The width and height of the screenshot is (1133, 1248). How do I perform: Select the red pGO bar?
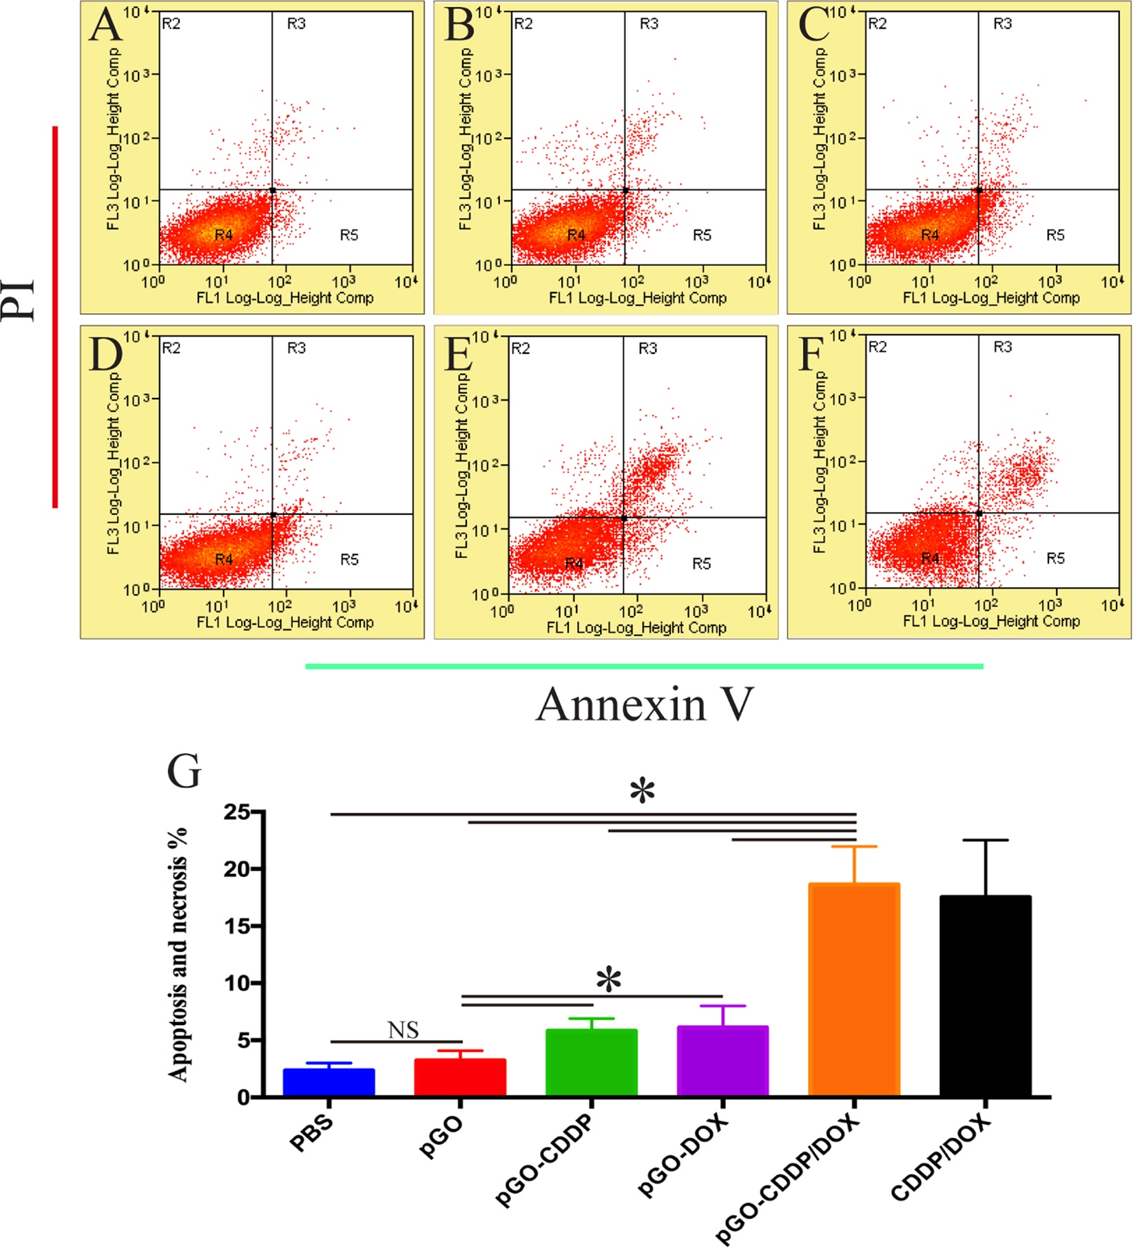click(x=460, y=1077)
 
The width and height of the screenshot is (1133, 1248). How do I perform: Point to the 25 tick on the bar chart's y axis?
click(x=237, y=812)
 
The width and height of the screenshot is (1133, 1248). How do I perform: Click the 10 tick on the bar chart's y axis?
click(x=237, y=983)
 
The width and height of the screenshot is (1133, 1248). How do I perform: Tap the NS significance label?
click(x=403, y=1030)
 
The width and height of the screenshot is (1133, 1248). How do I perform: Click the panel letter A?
click(x=106, y=26)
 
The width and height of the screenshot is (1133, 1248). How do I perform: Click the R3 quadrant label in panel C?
click(x=1002, y=24)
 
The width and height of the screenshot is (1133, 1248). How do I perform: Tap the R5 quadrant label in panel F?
click(x=1055, y=558)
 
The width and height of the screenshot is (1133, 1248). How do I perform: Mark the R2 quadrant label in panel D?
click(x=171, y=348)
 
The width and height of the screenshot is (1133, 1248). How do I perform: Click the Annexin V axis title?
click(x=645, y=705)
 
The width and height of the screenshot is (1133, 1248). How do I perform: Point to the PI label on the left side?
click(x=19, y=299)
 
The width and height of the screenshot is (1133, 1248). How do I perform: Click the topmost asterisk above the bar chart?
click(x=642, y=792)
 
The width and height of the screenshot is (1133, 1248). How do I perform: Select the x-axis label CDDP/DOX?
click(x=940, y=1158)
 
